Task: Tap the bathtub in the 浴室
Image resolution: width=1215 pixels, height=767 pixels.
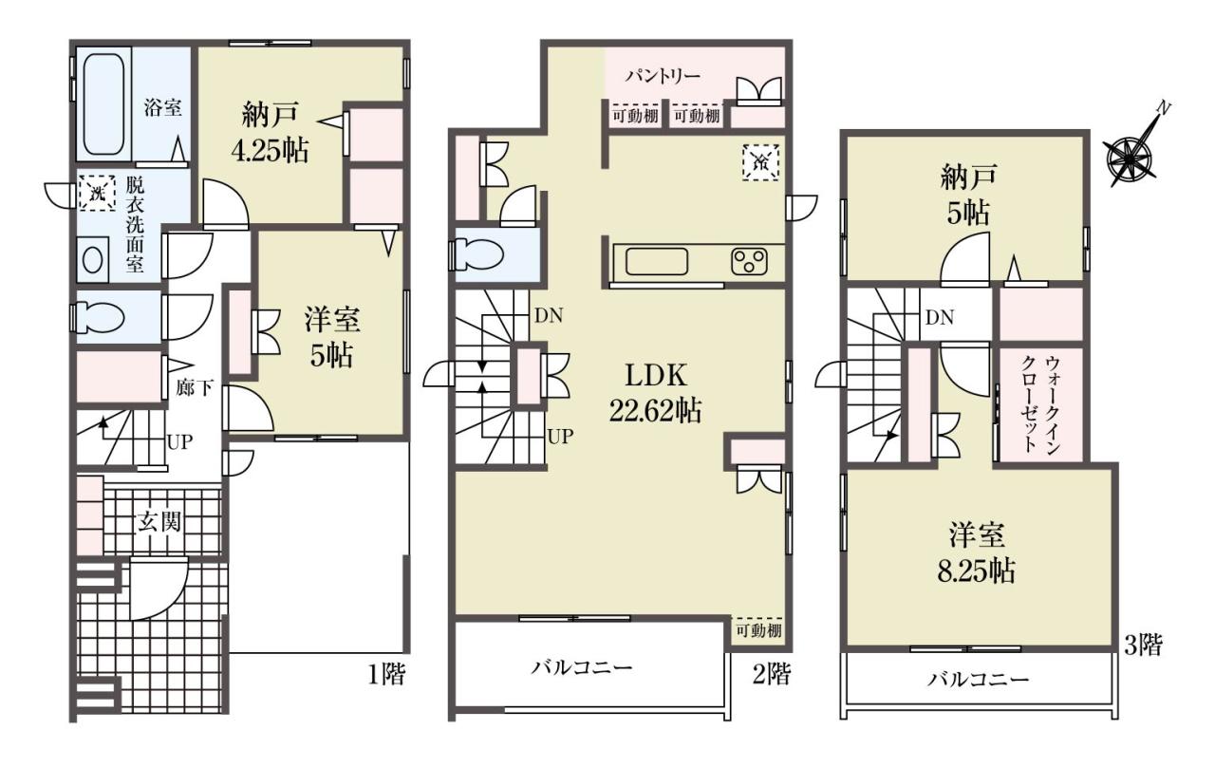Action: click(104, 103)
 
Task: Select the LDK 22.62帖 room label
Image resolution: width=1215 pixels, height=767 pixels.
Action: click(655, 392)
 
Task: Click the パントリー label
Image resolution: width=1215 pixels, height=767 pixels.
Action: click(663, 77)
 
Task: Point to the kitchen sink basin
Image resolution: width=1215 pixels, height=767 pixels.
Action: click(657, 261)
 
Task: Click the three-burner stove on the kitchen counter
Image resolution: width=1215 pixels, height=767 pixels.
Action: click(749, 261)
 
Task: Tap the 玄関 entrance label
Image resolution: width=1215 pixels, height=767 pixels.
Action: click(159, 522)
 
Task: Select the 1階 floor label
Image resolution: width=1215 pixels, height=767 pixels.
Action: click(386, 674)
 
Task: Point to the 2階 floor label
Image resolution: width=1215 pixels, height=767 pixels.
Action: click(772, 674)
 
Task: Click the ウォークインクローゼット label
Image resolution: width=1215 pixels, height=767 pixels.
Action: click(1041, 404)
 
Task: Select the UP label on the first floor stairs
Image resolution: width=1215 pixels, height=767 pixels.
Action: click(180, 442)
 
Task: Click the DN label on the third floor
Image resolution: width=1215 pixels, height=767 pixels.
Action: click(940, 317)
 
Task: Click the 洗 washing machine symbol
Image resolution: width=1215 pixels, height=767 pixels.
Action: click(97, 193)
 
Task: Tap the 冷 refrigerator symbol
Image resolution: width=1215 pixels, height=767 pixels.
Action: click(760, 162)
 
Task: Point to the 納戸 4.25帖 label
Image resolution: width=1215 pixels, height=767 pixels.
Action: click(271, 132)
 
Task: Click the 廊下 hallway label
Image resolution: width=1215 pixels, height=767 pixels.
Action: click(195, 388)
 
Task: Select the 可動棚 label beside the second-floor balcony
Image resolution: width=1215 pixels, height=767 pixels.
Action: click(758, 631)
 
